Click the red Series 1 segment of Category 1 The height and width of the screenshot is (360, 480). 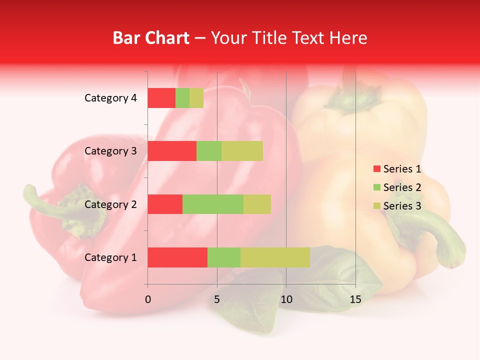tap(177, 257)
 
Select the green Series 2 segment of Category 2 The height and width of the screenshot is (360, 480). tap(213, 204)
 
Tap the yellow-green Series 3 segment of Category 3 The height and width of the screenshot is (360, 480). tap(242, 151)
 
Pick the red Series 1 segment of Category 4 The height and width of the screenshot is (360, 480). tap(161, 98)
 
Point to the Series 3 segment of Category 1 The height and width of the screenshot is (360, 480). tap(275, 257)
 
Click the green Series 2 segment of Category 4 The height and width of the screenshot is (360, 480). tap(182, 98)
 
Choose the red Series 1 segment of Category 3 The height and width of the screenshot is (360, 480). tap(172, 151)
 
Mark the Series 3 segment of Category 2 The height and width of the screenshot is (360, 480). tap(257, 204)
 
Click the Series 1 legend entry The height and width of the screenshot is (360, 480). tap(397, 169)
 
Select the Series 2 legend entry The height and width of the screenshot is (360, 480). tap(397, 187)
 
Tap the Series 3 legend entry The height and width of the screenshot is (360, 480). tap(397, 206)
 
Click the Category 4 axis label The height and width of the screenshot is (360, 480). tap(110, 98)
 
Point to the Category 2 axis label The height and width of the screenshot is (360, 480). tap(110, 204)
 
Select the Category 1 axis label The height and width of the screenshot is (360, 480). tap(110, 257)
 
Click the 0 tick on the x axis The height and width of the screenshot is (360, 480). tap(148, 299)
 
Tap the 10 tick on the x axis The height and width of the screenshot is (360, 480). tap(286, 299)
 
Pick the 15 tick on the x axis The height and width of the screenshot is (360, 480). tap(355, 299)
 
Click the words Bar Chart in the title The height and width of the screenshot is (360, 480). tap(151, 38)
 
